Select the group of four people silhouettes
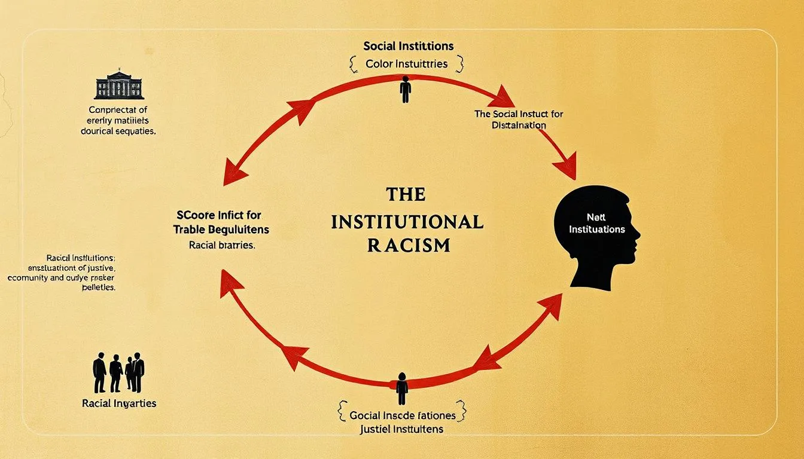118,373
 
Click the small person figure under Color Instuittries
406,89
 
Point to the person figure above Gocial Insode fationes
402,388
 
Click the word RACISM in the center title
409,245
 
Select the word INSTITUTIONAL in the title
407,222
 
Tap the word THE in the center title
406,194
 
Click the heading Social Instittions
408,46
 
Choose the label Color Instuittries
407,63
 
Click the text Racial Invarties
119,403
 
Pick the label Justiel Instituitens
401,429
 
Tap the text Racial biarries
222,245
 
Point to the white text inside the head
596,225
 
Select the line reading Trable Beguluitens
221,229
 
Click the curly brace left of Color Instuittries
353,63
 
